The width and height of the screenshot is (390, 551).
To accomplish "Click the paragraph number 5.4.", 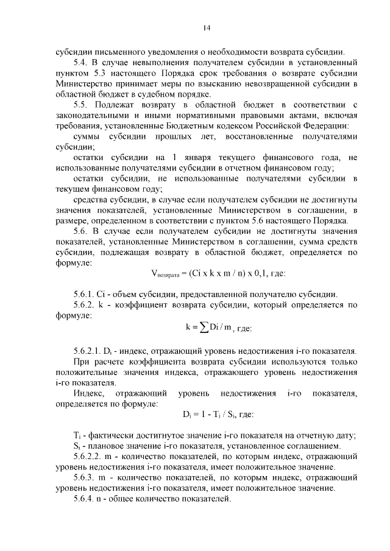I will (81, 62).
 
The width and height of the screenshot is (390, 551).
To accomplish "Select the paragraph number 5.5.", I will (81, 105).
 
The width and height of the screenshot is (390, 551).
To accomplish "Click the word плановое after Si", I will (107, 446).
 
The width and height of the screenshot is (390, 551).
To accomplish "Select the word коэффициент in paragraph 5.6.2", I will (144, 306).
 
